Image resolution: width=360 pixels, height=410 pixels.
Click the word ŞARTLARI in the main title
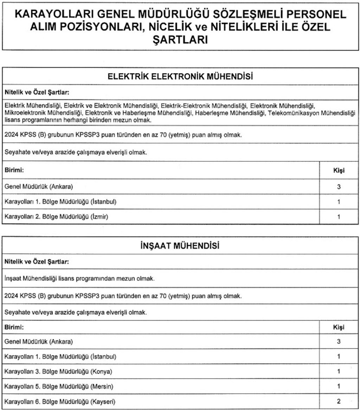[x=180, y=40]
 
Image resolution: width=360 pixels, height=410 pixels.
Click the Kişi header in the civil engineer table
[x=339, y=327]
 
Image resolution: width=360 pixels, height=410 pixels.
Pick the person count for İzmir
[x=339, y=217]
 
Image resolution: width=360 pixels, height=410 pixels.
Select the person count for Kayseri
[x=339, y=402]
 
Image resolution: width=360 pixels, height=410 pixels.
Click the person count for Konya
[x=339, y=372]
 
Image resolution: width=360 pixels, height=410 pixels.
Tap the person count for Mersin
[x=339, y=386]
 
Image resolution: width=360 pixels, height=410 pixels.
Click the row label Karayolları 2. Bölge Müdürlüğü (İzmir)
[x=56, y=217]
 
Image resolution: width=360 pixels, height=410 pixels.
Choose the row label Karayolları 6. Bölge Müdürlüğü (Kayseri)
[x=60, y=402]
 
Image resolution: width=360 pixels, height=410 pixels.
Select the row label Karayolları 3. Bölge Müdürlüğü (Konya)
[x=58, y=372]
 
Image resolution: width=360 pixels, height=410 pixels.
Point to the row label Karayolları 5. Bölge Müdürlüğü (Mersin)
[x=58, y=386]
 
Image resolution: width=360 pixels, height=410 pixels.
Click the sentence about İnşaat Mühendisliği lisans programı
[x=79, y=279]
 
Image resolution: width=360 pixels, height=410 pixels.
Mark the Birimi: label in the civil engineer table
[x=14, y=327]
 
